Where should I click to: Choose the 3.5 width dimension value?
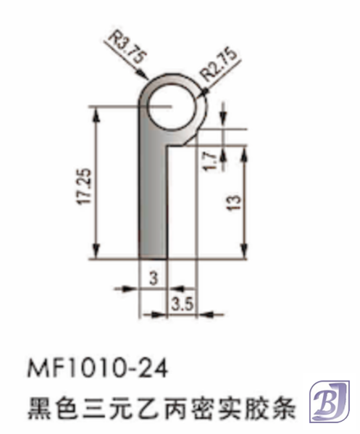coord(182,304)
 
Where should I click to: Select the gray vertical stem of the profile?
coord(152,196)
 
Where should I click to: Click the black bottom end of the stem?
coord(152,250)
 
